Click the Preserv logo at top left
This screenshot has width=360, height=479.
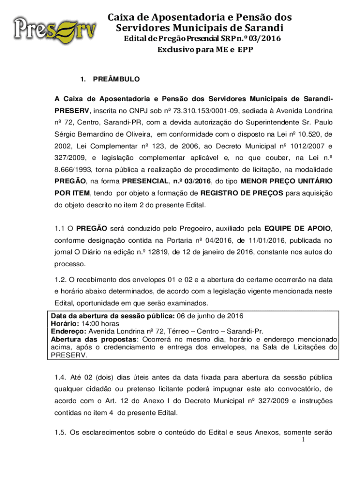point(56,29)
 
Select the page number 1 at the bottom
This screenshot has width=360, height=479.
point(303,441)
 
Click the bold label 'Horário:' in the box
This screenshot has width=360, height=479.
point(66,323)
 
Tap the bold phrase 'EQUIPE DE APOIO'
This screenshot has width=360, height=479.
point(297,229)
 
